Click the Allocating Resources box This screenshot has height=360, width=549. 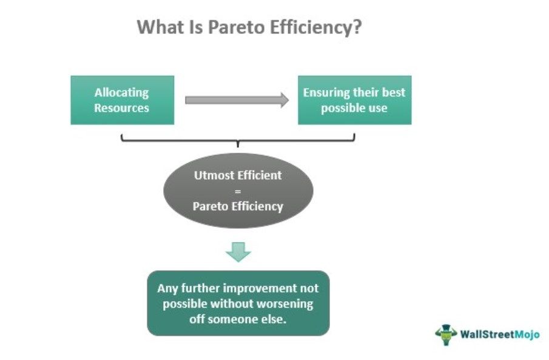(122, 100)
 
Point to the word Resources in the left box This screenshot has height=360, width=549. (121, 108)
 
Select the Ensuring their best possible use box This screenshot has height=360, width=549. (354, 100)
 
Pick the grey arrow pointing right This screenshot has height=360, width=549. (237, 100)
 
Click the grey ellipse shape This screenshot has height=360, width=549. (238, 191)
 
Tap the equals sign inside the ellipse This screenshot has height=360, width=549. (238, 191)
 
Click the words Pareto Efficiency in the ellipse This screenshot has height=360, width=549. (238, 206)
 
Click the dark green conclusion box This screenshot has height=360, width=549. (238, 303)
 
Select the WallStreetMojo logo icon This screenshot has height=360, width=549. (446, 334)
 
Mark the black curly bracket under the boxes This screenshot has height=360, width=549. (238, 140)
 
